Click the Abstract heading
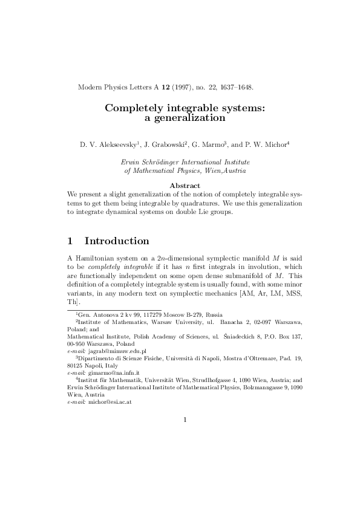click(x=185, y=185)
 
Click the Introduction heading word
click(x=116, y=241)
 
